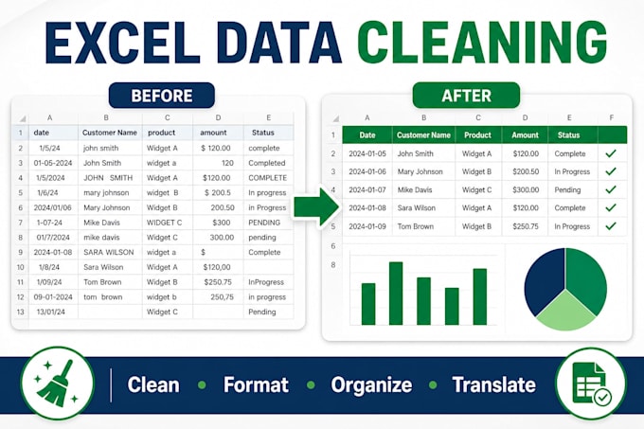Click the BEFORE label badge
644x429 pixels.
coord(162,96)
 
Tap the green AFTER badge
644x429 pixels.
coord(466,96)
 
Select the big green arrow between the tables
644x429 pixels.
coord(317,206)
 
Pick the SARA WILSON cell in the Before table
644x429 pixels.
coord(109,252)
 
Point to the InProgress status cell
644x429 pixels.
coord(266,282)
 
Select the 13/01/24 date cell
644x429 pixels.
coord(51,312)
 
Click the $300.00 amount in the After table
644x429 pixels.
coord(526,189)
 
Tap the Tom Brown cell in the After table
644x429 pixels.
coord(415,226)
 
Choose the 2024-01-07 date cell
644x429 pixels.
coord(367,189)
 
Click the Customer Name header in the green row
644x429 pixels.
coord(423,135)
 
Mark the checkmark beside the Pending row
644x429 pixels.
coord(611,189)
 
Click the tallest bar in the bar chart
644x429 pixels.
coord(396,294)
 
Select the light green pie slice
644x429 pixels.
coord(565,312)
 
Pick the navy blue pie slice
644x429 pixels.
coord(545,279)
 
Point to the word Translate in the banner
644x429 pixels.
coord(494,385)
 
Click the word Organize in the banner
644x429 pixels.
coord(371,385)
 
